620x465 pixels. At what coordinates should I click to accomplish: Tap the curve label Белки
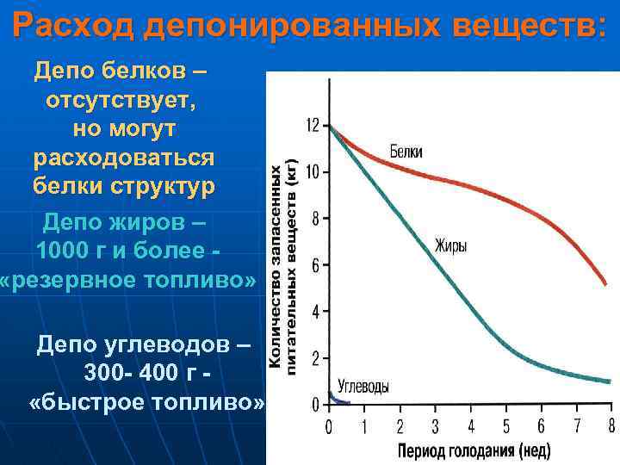click(406, 152)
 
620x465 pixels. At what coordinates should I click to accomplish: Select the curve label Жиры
click(450, 245)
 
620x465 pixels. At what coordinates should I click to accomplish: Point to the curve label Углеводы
click(363, 387)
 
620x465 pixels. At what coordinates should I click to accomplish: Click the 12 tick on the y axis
click(313, 126)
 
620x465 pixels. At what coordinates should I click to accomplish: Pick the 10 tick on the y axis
click(313, 172)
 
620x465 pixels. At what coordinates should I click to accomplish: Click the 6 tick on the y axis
click(316, 265)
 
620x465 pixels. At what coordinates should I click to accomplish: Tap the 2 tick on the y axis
click(316, 358)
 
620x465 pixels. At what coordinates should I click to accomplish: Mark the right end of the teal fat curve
click(609, 381)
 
